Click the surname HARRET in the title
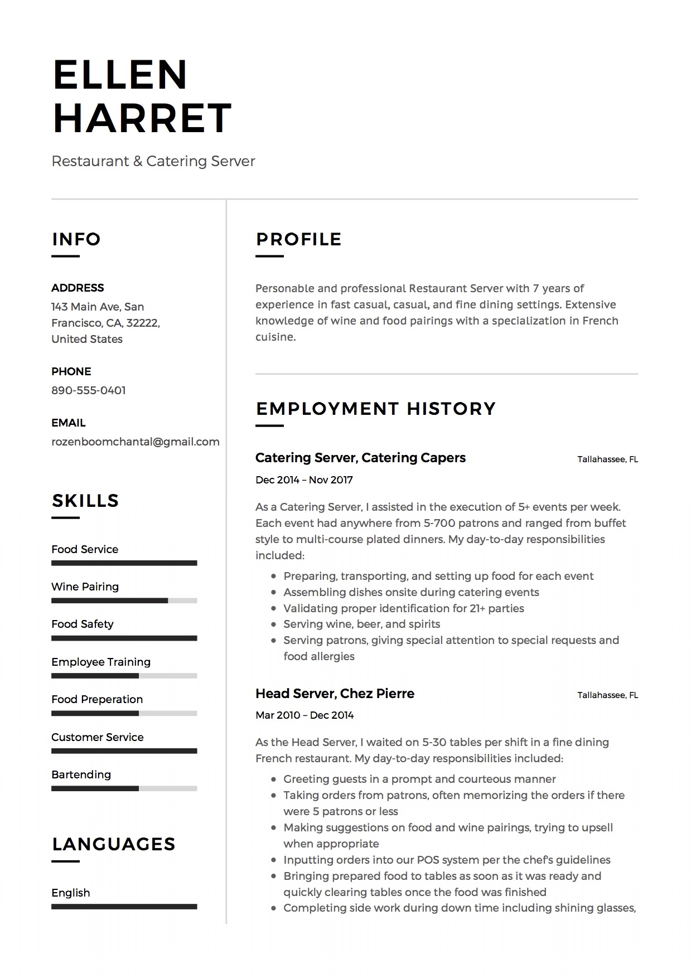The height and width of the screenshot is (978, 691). [x=142, y=118]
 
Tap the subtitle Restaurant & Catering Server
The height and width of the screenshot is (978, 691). [x=153, y=161]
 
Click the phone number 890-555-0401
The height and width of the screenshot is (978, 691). [x=89, y=390]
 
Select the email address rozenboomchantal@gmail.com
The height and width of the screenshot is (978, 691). [x=136, y=442]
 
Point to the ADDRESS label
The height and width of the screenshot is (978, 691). [x=78, y=288]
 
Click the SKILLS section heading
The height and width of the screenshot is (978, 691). [x=85, y=501]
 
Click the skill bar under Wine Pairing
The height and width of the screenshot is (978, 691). [x=124, y=601]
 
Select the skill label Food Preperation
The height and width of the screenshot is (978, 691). [x=97, y=699]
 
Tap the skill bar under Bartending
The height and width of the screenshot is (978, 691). [x=124, y=788]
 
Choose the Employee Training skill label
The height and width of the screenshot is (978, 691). [x=101, y=662]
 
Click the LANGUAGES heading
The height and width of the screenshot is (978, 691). [x=114, y=844]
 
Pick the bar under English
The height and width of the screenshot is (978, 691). [x=124, y=907]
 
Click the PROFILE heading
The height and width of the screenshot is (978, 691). [x=298, y=239]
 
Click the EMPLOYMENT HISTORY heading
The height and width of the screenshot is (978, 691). [x=375, y=409]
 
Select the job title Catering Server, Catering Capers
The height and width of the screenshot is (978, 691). [x=360, y=458]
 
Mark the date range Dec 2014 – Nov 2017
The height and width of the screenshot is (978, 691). [x=304, y=480]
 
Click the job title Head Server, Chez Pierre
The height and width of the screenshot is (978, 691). [x=335, y=694]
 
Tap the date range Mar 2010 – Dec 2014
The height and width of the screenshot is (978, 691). [x=305, y=715]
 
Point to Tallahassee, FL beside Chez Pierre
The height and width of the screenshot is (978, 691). [x=607, y=695]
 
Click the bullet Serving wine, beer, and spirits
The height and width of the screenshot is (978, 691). [x=361, y=624]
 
